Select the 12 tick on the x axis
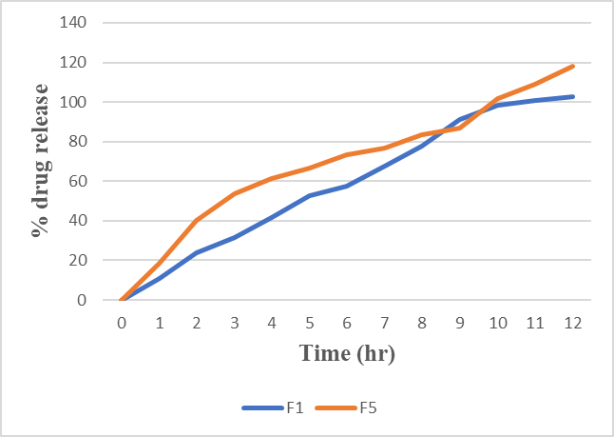pos(573,323)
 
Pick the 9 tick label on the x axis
pos(460,323)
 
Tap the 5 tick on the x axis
pos(310,323)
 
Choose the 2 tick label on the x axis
pos(197,323)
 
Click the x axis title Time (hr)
pos(347,353)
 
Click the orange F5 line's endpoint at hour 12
pos(573,66)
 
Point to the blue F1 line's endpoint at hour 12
pos(573,96)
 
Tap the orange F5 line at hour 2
pos(197,221)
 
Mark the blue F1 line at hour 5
pos(310,195)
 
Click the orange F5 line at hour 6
pos(347,154)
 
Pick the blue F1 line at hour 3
pos(235,237)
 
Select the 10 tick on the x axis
pos(498,323)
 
